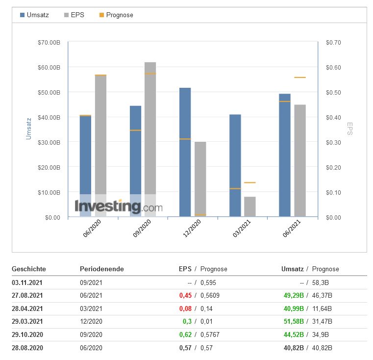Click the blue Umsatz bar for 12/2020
185,152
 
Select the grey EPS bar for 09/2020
150,137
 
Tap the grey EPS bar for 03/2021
250,206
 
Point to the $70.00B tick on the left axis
49,43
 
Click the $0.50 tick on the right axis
333,93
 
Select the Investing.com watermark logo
118,206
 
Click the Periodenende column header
102,269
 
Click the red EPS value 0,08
186,309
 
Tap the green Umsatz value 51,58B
293,322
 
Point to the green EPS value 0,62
186,335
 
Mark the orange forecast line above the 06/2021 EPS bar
300,77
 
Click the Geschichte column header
29,269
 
